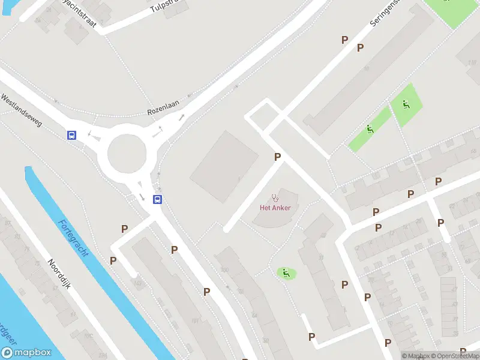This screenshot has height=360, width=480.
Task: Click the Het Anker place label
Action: (275, 208)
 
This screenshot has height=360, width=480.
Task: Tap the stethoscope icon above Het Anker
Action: (275, 197)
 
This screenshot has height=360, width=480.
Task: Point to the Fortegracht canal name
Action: (73, 238)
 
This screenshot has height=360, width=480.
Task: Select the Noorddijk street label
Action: (59, 275)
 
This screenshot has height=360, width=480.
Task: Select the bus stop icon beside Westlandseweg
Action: (72, 135)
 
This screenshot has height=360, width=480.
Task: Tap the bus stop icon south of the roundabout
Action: (157, 200)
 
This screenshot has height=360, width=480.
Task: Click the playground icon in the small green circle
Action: (286, 273)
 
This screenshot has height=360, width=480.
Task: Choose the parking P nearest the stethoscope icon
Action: (277, 157)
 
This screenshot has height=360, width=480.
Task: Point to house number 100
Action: (225, 269)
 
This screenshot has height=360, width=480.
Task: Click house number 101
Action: (194, 320)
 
